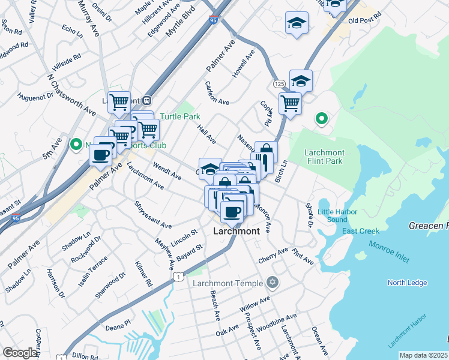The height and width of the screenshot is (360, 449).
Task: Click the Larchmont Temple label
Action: [228, 283]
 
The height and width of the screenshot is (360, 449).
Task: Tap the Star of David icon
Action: [273, 282]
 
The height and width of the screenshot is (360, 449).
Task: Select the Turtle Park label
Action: [179, 116]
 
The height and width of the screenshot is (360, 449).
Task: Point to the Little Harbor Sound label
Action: [337, 215]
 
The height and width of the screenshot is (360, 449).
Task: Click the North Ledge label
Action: [407, 283]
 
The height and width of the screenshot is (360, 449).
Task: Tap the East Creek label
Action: [361, 232]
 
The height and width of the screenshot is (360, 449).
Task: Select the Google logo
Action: [20, 353]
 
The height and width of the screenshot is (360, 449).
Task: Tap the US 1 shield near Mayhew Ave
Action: [178, 276]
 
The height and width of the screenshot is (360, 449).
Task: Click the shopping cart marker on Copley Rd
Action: [289, 103]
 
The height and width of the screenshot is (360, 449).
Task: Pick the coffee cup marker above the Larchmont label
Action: [232, 211]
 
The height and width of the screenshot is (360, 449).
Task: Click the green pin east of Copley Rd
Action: [321, 119]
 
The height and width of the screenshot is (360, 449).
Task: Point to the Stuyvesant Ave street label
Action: [153, 214]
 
